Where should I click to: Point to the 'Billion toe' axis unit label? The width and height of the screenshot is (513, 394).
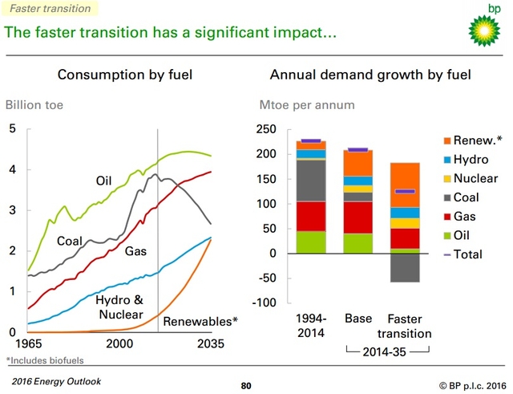tap(34, 105)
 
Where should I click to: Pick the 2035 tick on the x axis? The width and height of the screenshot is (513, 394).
tap(212, 343)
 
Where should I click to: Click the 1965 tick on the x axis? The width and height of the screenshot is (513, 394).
tap(26, 343)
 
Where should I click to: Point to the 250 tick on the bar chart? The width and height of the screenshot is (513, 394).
tap(265, 129)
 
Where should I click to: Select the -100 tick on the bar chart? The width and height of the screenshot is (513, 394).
tap(263, 303)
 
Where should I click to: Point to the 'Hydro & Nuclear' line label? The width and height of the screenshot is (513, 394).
tap(120, 307)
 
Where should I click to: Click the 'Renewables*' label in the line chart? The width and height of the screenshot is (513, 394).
tap(200, 322)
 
